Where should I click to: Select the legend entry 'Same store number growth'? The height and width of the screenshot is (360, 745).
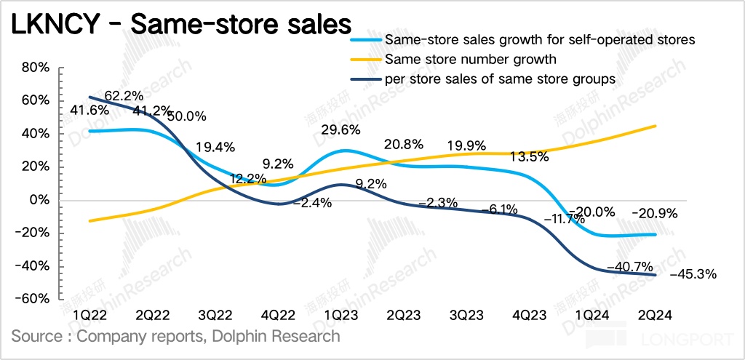[x=471, y=59]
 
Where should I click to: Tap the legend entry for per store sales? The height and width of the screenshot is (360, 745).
[x=500, y=78]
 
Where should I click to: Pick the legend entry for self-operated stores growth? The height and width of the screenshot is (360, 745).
[x=540, y=39]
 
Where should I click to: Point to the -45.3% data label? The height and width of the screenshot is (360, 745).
[x=693, y=274]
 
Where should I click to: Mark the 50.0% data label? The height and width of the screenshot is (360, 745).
[x=188, y=116]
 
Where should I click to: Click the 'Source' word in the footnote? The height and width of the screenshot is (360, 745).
[x=35, y=336]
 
